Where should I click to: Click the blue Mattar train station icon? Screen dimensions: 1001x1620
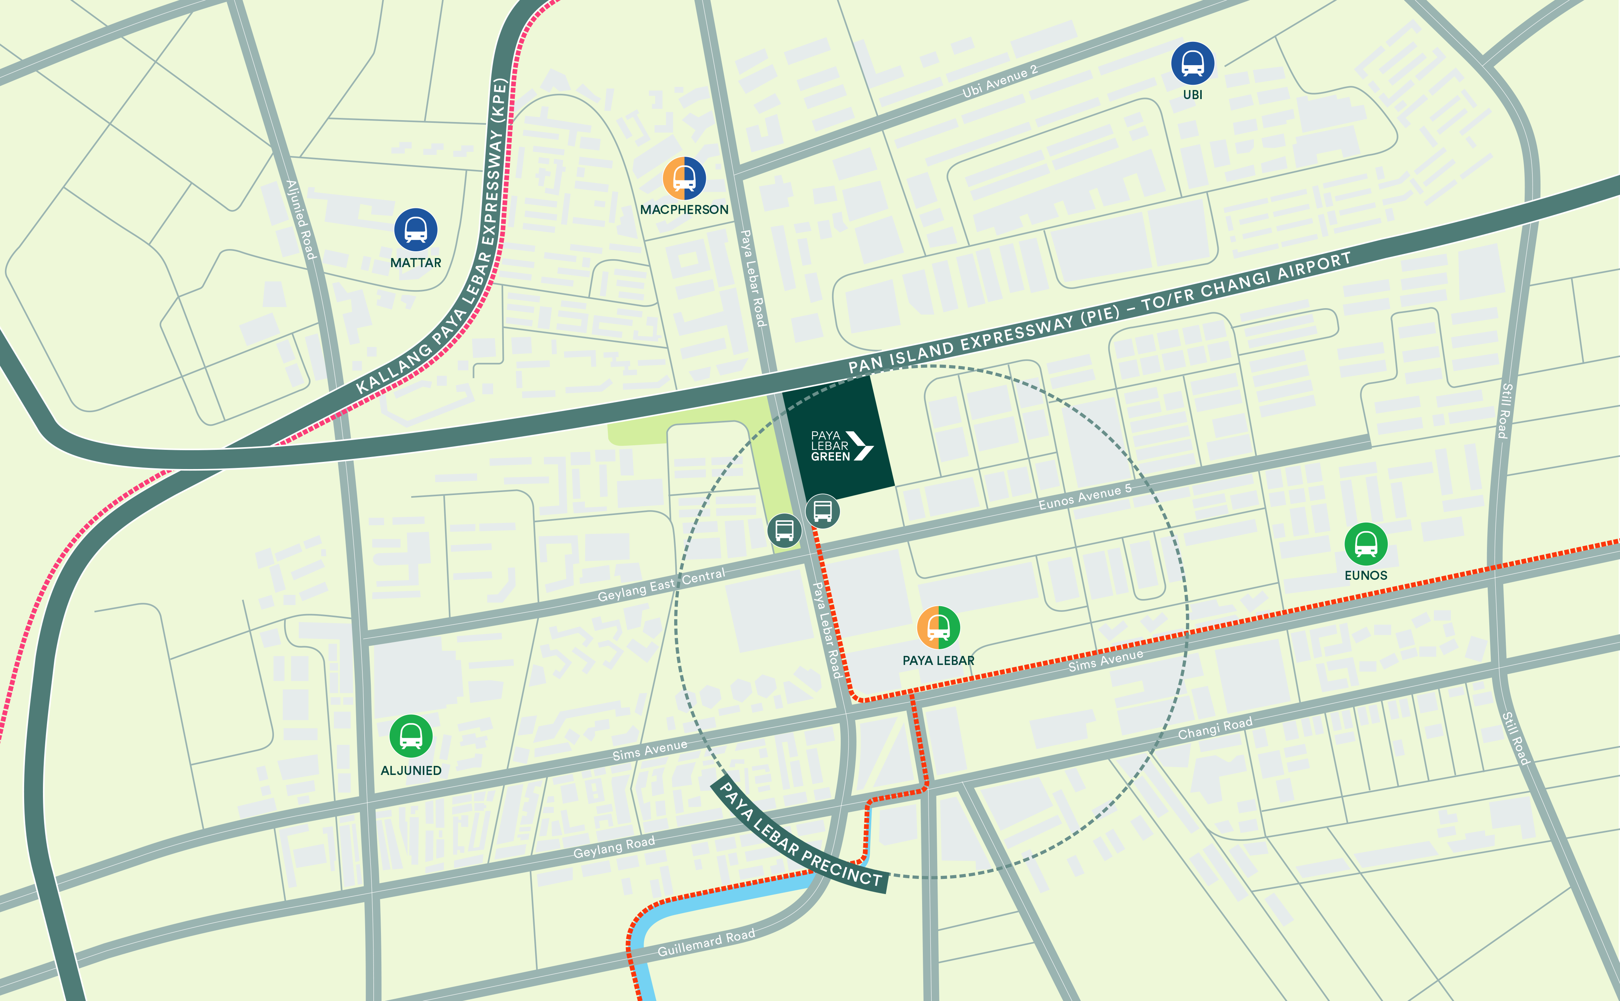click(x=416, y=230)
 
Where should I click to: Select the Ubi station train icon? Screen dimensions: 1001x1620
click(x=1192, y=64)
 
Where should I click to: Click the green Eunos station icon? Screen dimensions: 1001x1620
click(x=1366, y=544)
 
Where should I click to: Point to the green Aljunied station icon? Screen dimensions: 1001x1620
click(x=411, y=736)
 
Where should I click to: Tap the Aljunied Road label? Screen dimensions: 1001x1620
click(x=301, y=219)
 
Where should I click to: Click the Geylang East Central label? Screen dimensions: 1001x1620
click(x=661, y=585)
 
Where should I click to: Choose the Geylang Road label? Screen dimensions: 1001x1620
click(x=614, y=847)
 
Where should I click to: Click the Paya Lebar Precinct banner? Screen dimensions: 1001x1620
click(x=800, y=836)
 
